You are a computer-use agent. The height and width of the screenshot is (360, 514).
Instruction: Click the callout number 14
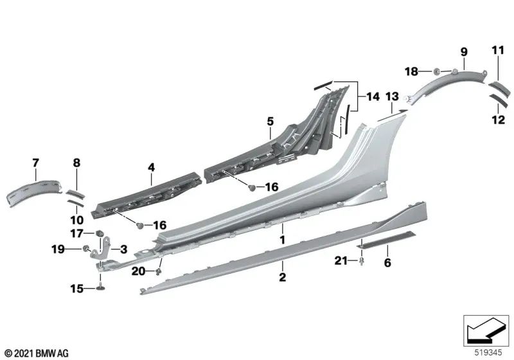click(x=373, y=96)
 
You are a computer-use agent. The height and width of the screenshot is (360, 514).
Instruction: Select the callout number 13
click(x=392, y=96)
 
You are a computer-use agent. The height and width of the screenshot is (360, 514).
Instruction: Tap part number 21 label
click(x=341, y=260)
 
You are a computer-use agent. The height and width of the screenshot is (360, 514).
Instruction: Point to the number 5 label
click(x=270, y=122)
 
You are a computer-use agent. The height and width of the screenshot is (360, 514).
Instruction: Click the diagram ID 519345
click(x=488, y=352)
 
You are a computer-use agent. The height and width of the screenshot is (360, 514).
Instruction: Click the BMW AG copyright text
click(x=37, y=354)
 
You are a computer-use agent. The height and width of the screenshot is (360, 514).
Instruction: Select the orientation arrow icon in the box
click(x=485, y=330)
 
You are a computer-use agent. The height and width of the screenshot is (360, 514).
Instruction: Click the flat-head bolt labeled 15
click(x=101, y=285)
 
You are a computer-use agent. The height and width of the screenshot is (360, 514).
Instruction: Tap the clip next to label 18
click(x=437, y=71)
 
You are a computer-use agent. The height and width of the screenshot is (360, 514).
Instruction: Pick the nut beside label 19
click(x=86, y=249)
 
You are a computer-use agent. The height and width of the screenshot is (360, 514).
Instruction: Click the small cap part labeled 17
click(x=100, y=233)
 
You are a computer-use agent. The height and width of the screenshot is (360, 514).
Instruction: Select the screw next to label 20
click(x=159, y=271)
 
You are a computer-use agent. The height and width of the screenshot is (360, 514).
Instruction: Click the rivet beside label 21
click(x=362, y=261)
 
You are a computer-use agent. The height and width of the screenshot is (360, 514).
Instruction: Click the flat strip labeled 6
click(x=385, y=239)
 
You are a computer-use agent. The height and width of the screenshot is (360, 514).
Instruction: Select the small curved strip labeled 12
click(x=498, y=100)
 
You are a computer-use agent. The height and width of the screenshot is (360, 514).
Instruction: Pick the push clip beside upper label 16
click(x=252, y=188)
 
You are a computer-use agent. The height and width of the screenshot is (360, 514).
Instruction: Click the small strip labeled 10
click(x=76, y=203)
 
